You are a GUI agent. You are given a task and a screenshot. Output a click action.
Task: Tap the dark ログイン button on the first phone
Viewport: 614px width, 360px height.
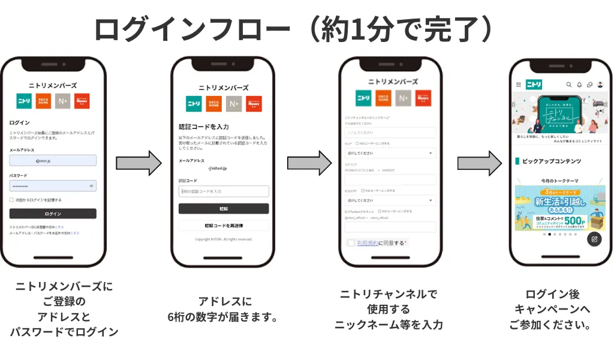[x=53, y=214]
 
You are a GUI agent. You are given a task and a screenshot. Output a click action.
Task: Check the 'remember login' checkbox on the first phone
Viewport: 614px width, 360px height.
[x=11, y=200]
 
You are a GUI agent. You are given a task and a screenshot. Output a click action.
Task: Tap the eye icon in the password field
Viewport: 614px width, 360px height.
[x=92, y=186]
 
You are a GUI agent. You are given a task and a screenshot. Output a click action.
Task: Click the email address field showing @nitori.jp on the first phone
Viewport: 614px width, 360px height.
[x=53, y=160]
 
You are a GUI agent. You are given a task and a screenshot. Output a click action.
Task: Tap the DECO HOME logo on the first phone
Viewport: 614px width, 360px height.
[x=43, y=101]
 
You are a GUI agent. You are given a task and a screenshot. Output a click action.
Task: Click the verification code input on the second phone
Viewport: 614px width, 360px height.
[x=224, y=191]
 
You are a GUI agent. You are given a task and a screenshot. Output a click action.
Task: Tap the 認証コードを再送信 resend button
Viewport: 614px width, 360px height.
[x=224, y=226]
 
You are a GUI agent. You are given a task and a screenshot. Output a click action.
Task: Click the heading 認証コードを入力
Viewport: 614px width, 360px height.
[x=204, y=127]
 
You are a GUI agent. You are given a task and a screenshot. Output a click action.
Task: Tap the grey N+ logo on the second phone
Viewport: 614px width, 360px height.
[x=234, y=104]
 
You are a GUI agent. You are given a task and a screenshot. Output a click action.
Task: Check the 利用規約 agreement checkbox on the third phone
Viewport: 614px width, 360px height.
[x=351, y=243]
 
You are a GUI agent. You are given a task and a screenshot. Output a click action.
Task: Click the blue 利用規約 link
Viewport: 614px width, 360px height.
[x=367, y=243]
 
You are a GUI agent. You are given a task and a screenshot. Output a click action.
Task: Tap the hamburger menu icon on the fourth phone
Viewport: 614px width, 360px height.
[x=519, y=85]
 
